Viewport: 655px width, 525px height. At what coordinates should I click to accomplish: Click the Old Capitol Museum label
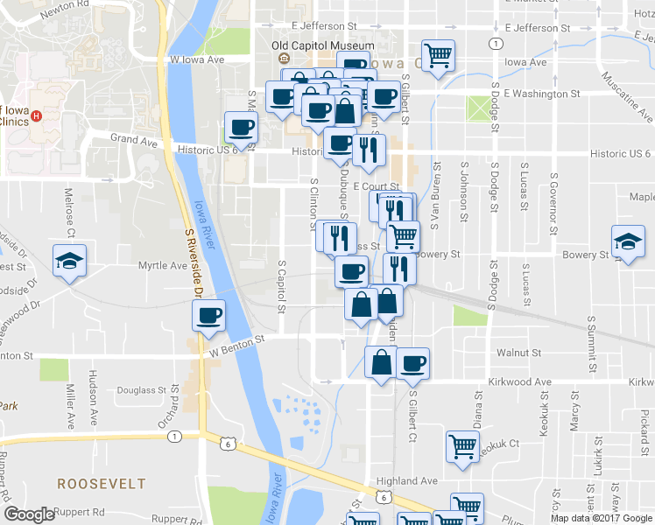click(x=322, y=45)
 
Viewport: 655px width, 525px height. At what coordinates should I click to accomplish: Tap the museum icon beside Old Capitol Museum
click(x=284, y=59)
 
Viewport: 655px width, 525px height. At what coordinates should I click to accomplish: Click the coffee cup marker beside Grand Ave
click(x=241, y=127)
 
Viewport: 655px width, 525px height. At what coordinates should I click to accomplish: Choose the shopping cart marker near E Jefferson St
click(x=438, y=55)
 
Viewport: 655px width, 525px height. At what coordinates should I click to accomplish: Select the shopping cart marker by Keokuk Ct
click(x=462, y=445)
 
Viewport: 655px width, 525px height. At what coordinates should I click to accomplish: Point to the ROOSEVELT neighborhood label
click(x=95, y=483)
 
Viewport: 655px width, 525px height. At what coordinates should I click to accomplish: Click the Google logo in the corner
click(x=29, y=514)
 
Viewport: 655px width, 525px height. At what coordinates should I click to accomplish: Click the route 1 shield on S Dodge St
click(x=496, y=43)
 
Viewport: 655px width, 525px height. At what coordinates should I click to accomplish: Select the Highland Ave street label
click(x=406, y=481)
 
